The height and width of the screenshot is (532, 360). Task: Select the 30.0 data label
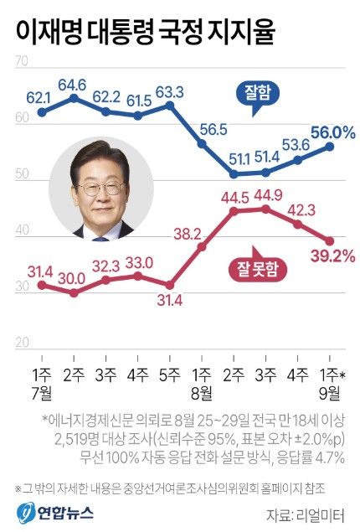(x=73, y=278)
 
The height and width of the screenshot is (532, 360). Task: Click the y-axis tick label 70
(x=23, y=62)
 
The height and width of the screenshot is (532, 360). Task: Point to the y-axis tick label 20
(x=23, y=342)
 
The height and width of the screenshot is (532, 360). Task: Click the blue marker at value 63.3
(x=170, y=106)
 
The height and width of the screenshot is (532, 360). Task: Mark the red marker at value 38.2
(x=202, y=247)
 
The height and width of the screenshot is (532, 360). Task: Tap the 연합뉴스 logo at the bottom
(x=50, y=510)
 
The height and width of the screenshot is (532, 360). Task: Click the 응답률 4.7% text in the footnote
(x=311, y=457)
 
